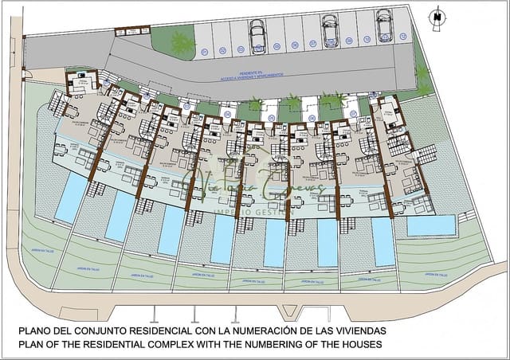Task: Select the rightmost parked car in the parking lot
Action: [384, 25]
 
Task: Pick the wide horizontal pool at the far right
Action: [430, 225]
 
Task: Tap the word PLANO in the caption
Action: [33, 330]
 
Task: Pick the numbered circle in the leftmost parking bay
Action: [205, 53]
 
